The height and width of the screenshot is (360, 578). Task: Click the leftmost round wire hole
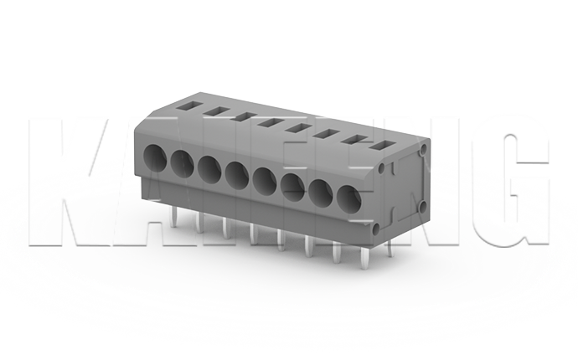157,156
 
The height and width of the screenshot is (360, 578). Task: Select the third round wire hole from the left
209,167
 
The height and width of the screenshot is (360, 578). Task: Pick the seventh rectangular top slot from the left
355,140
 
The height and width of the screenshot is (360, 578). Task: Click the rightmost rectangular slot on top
384,147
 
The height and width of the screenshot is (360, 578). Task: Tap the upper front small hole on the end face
383,169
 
